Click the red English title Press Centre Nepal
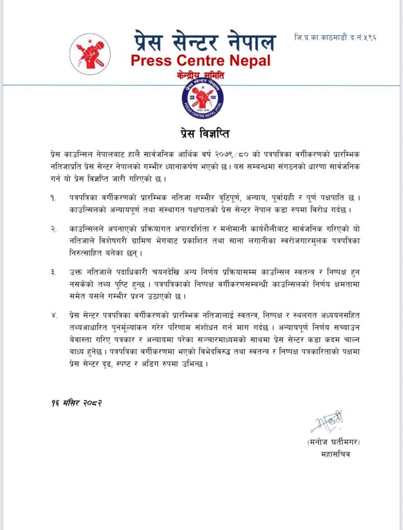[x=200, y=61]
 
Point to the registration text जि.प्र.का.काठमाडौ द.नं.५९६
[x=335, y=38]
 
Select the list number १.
[x=53, y=198]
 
